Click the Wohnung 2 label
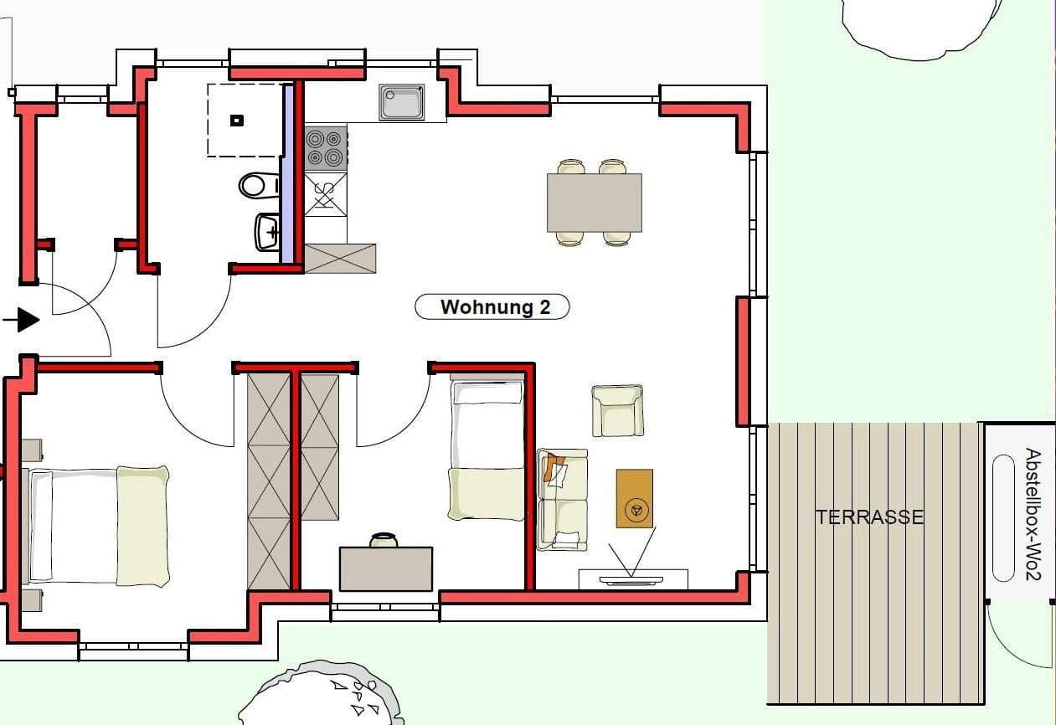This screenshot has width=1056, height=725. pos(492,307)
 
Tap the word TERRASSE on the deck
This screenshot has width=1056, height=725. pos(869,517)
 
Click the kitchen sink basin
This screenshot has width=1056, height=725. pos(402,102)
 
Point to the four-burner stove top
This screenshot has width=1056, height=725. pos(325,148)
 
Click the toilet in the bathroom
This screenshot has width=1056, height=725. pos(258,184)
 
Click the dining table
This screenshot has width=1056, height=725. pos(595,203)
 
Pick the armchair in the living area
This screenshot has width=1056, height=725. pos(617,410)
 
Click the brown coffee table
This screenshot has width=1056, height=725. pos(634,498)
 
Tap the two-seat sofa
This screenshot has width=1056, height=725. pos(562,500)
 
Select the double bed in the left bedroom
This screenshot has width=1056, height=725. pos(99,526)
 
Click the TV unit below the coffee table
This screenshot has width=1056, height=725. pos(633,579)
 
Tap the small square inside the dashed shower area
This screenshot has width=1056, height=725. pos(237,120)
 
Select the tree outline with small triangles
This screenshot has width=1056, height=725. pos(322,695)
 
